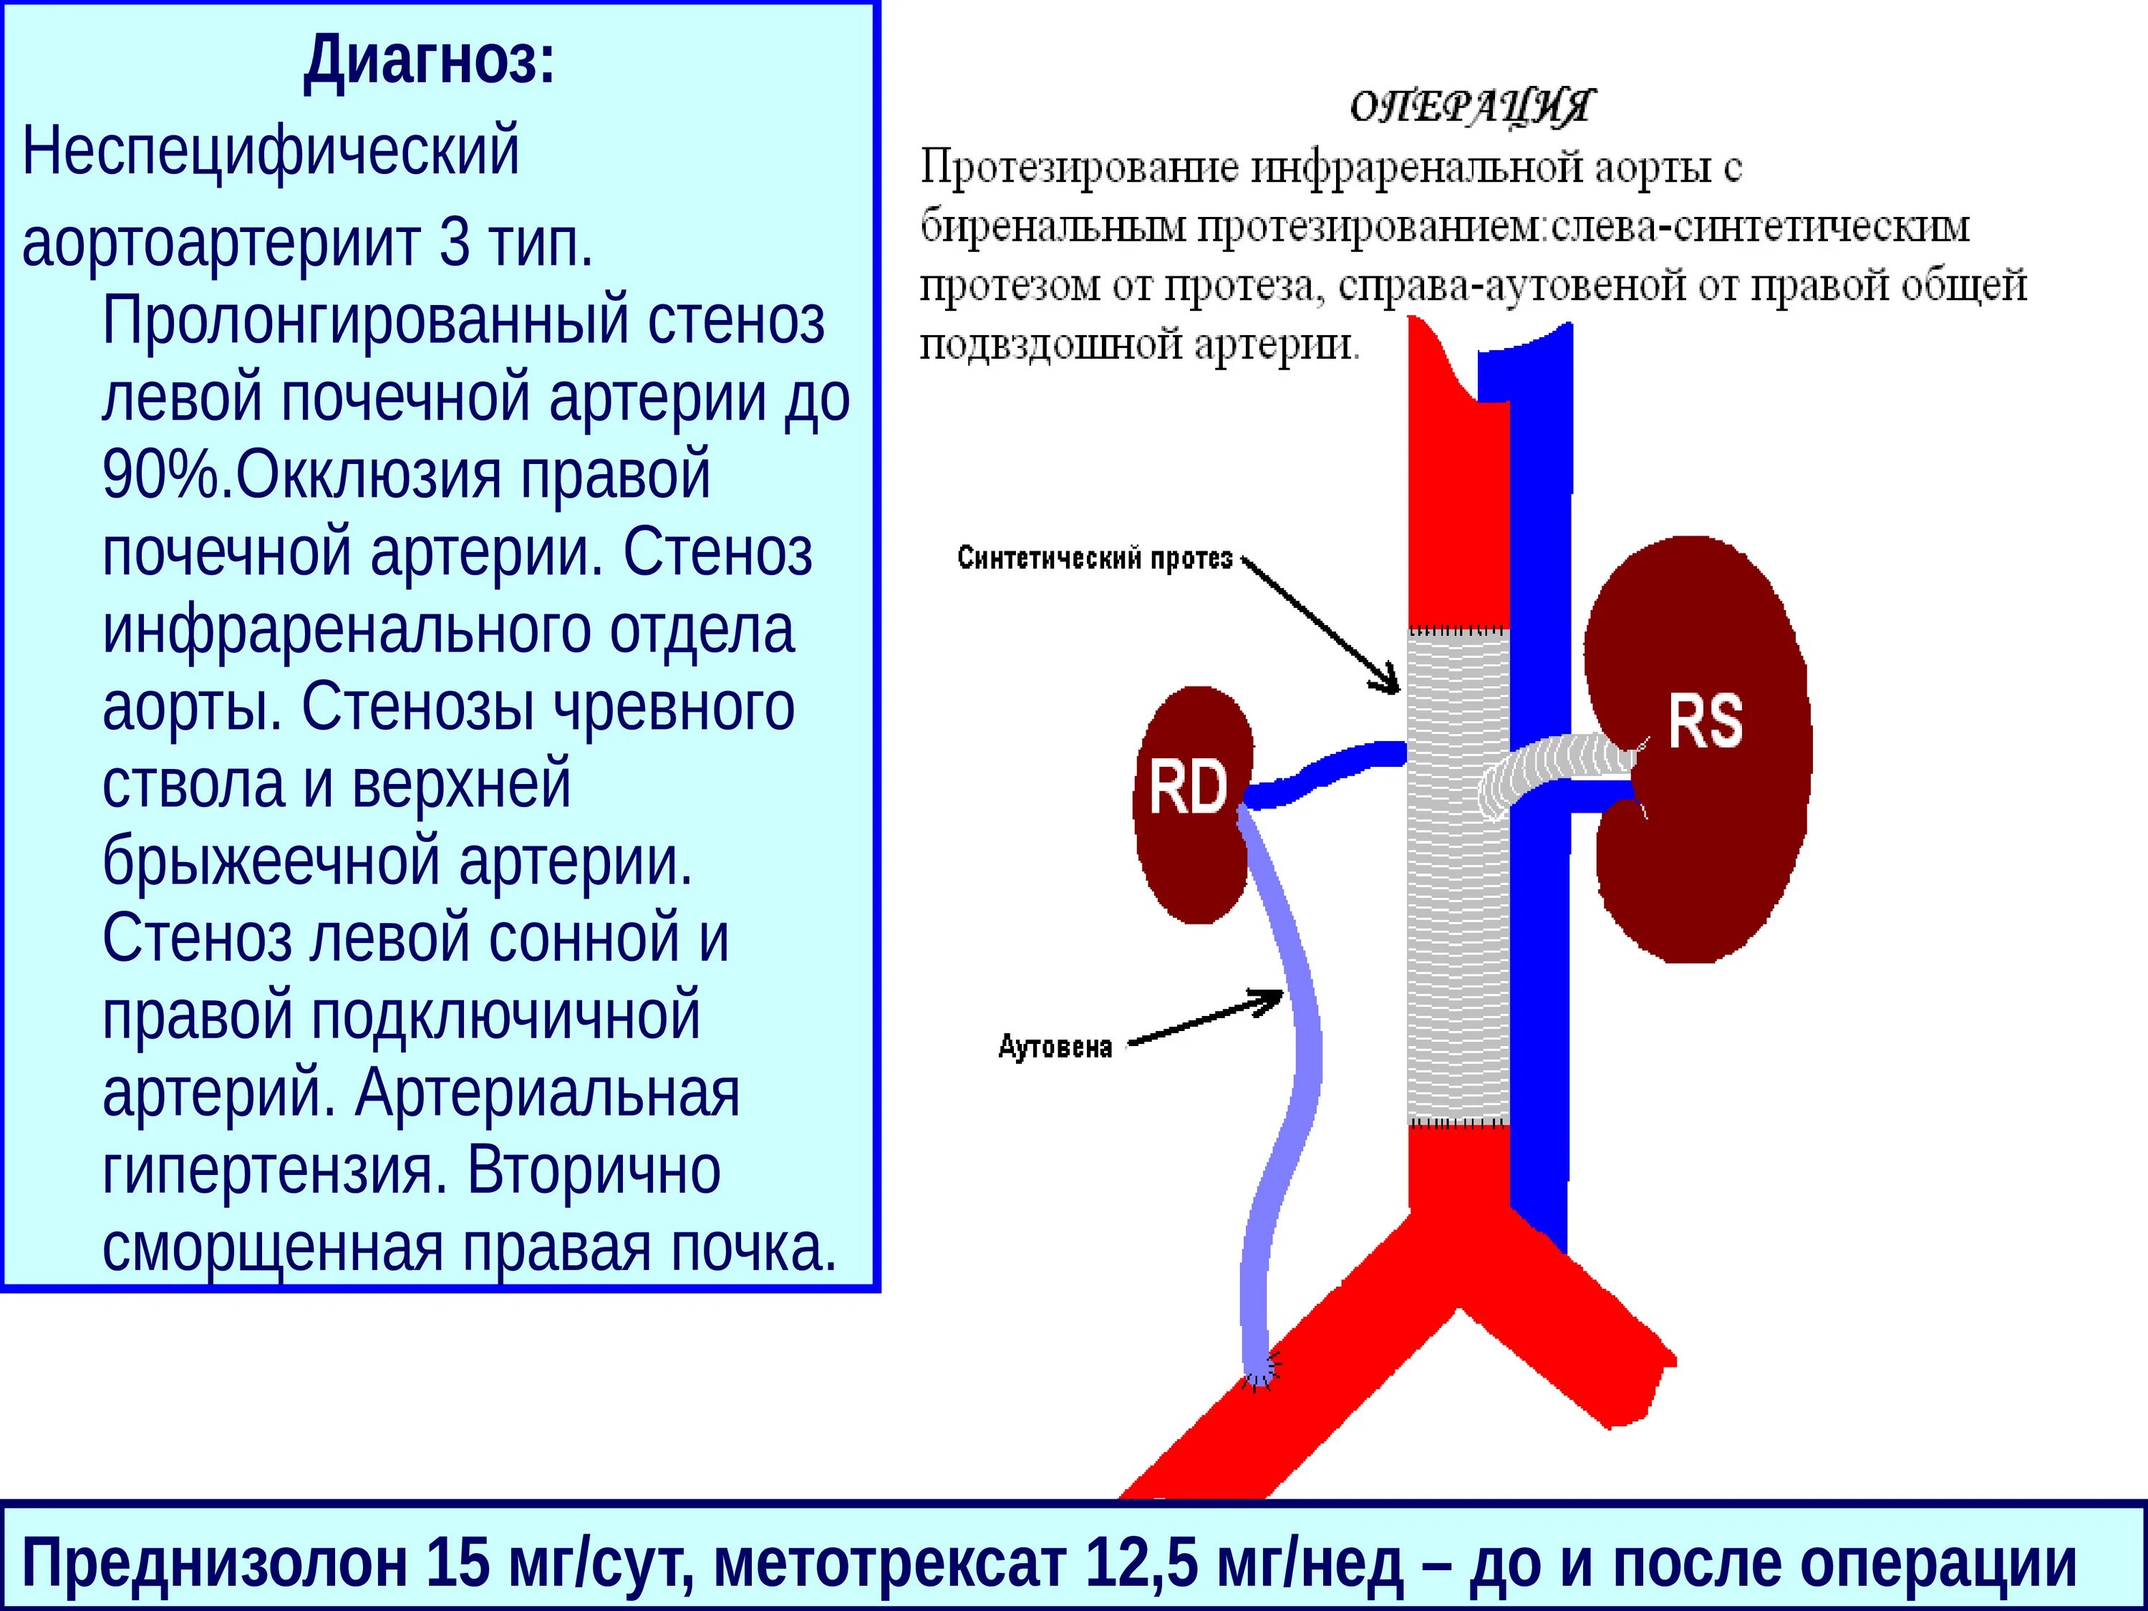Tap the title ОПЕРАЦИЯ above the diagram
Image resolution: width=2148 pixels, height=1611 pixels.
(1471, 107)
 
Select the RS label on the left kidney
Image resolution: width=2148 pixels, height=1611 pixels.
(1706, 722)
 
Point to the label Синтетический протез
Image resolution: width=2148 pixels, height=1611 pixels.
(1094, 558)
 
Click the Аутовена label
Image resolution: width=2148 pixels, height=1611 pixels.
(1055, 1047)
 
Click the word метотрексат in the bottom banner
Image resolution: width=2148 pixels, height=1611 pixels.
(889, 1564)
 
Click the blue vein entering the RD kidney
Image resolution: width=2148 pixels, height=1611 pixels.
(1320, 774)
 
